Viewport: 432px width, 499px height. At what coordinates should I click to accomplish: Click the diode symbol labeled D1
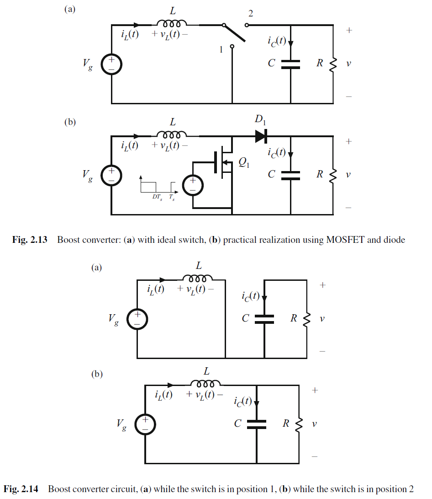261,136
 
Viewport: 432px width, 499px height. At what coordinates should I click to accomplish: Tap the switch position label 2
250,14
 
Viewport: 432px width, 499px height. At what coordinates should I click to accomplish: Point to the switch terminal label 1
221,49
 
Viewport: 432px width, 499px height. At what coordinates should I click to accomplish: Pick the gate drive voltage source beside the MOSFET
192,185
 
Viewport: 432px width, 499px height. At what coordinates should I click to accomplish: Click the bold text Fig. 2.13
30,240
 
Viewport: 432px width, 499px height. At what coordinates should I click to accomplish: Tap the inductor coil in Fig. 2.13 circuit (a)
171,24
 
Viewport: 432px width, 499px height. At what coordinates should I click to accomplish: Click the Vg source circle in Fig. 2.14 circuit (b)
144,424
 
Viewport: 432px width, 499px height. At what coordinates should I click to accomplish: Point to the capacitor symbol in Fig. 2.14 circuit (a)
264,319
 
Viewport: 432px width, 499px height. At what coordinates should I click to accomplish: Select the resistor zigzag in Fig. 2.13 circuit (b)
332,175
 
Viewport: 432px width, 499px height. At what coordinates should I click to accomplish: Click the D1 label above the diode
259,120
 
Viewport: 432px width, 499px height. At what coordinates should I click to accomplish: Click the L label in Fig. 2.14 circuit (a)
198,266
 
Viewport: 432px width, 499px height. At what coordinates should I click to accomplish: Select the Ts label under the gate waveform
171,197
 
